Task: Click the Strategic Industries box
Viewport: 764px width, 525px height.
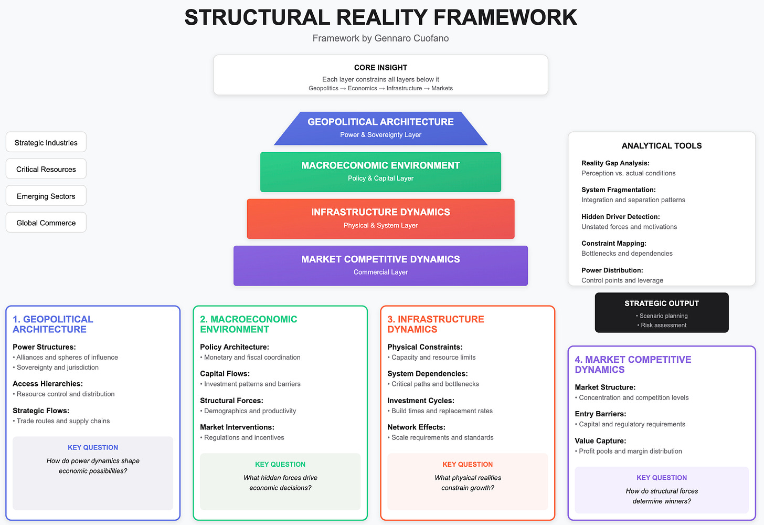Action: pos(46,142)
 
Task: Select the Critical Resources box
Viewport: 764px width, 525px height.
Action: pos(46,169)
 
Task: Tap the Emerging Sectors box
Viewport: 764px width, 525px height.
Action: pos(46,196)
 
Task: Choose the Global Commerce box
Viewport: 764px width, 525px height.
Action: pos(46,223)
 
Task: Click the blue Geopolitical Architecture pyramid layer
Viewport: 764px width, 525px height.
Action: pos(380,128)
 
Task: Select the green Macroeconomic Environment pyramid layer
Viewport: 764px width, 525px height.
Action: pos(380,171)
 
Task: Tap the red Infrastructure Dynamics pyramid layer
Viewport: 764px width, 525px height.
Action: pos(380,218)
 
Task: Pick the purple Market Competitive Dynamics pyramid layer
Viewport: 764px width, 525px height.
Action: pos(380,265)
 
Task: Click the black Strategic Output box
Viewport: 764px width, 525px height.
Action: pos(661,312)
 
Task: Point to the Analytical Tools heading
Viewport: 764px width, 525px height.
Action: pos(661,145)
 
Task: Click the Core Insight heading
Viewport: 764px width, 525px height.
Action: pos(380,67)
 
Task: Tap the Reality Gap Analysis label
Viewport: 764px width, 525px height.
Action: pos(615,163)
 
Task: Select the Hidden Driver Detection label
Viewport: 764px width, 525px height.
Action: pos(620,216)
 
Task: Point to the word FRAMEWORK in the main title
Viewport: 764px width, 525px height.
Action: pos(505,17)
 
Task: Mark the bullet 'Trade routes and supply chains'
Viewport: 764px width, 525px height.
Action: pos(63,421)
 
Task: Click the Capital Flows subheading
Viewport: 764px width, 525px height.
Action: pos(225,374)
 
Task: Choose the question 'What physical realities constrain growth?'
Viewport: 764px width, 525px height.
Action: pos(468,483)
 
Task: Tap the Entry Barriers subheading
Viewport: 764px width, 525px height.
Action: pos(600,414)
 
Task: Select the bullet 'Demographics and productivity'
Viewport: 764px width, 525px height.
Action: pos(250,411)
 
